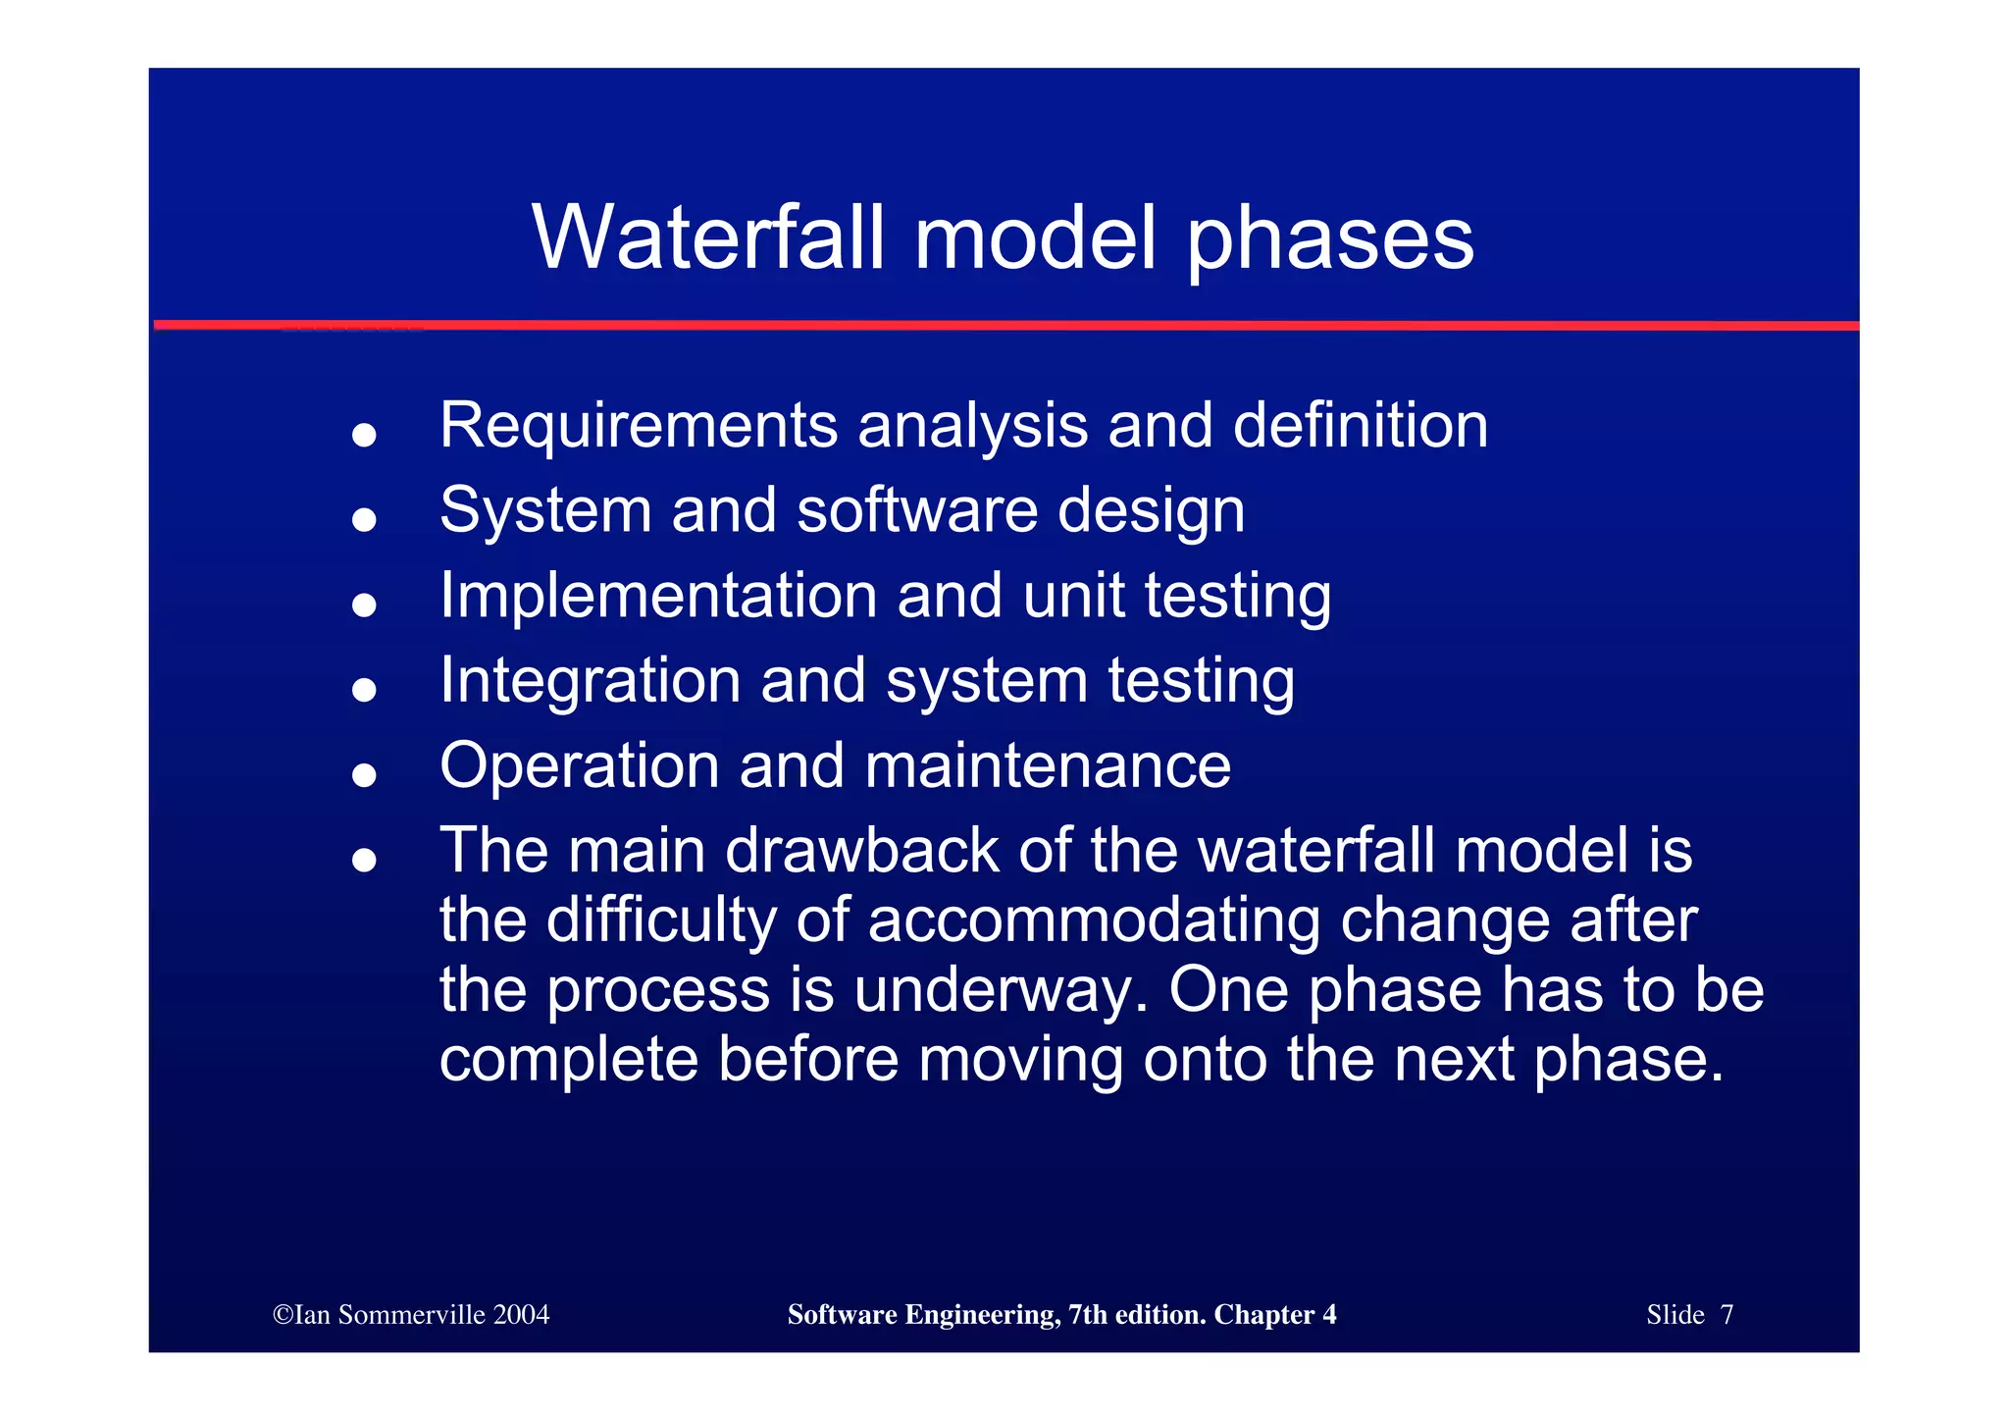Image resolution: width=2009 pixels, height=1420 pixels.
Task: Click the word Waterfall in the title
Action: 708,237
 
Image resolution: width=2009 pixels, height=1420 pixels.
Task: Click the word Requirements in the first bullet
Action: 638,426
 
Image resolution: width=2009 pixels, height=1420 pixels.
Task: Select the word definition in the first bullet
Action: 1360,426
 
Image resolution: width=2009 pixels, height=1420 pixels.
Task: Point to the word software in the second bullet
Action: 916,510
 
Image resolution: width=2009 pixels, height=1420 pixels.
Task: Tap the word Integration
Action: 590,680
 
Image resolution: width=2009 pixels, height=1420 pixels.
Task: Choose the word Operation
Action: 579,766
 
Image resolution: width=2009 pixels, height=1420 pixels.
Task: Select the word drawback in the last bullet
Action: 861,850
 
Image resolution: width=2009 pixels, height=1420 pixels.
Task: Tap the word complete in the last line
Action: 569,1061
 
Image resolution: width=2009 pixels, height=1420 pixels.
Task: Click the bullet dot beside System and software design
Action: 364,519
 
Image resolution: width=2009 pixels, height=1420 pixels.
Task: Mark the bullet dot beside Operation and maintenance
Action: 364,775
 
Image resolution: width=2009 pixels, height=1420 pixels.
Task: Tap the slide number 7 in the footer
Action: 1726,1315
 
